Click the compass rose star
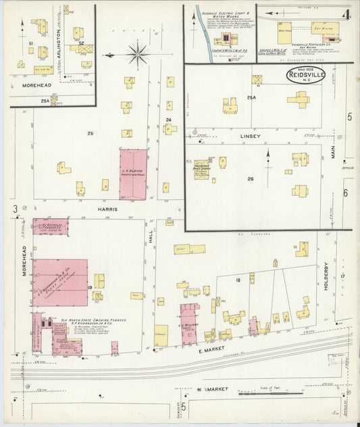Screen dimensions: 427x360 pyautogui.click(x=138, y=53)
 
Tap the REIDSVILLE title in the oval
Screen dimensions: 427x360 pyautogui.click(x=299, y=75)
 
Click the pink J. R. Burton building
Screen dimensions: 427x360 pyautogui.click(x=133, y=174)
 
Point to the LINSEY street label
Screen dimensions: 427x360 pyautogui.click(x=251, y=135)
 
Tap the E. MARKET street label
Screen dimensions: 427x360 pyautogui.click(x=211, y=351)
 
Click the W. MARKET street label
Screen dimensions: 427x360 pyautogui.click(x=212, y=389)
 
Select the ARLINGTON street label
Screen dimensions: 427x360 pyautogui.click(x=57, y=46)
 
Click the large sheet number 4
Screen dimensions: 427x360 pyautogui.click(x=345, y=14)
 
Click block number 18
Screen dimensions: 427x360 pyautogui.click(x=238, y=279)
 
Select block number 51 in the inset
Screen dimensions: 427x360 pyautogui.click(x=31, y=43)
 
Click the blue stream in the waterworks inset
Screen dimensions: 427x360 pyautogui.click(x=201, y=30)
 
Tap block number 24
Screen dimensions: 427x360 pyautogui.click(x=168, y=120)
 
